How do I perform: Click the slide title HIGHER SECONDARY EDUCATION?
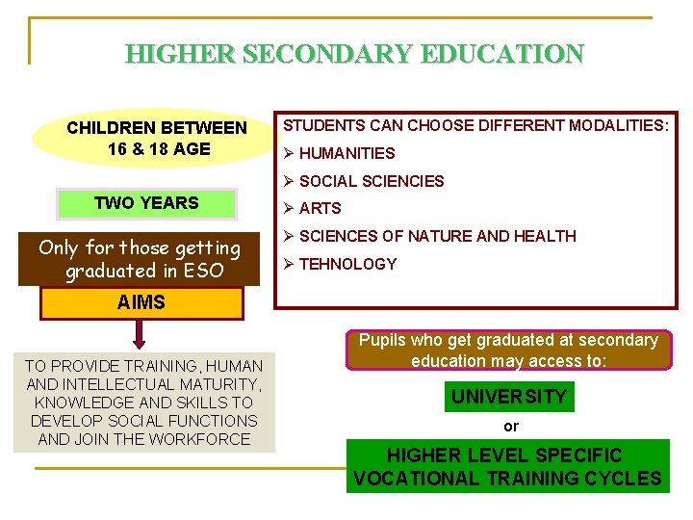pyautogui.click(x=354, y=53)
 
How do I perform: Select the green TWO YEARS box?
pyautogui.click(x=146, y=203)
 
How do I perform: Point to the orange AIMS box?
pyautogui.click(x=141, y=302)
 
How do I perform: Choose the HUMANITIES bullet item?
pyautogui.click(x=346, y=153)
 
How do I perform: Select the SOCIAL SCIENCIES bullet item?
pyautogui.click(x=371, y=181)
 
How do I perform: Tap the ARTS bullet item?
pyautogui.click(x=320, y=208)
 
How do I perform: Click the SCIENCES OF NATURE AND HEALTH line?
pyautogui.click(x=437, y=236)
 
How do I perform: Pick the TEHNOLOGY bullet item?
pyautogui.click(x=347, y=264)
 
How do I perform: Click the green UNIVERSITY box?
pyautogui.click(x=509, y=397)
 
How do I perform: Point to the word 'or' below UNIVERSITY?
pyautogui.click(x=510, y=426)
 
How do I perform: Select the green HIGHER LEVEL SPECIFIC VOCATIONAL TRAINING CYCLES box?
pyautogui.click(x=507, y=466)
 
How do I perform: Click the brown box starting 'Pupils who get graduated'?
pyautogui.click(x=508, y=351)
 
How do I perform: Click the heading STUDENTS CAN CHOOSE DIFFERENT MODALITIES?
pyautogui.click(x=475, y=125)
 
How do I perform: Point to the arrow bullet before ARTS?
pyautogui.click(x=288, y=208)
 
